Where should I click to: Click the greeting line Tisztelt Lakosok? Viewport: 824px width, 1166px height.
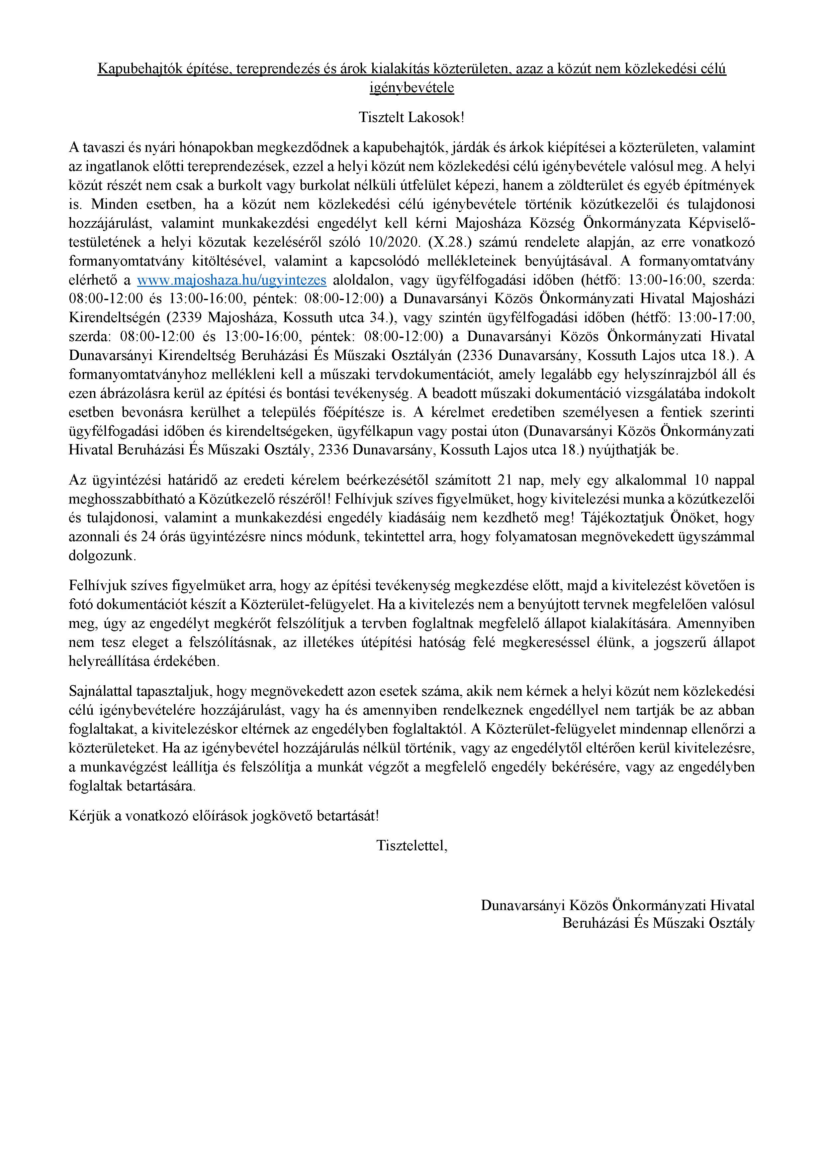[x=412, y=117]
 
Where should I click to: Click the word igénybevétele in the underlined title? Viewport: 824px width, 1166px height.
[x=412, y=88]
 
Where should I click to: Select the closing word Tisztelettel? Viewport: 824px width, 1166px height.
[x=412, y=846]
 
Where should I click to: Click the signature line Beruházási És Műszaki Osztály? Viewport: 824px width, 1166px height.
[x=658, y=923]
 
